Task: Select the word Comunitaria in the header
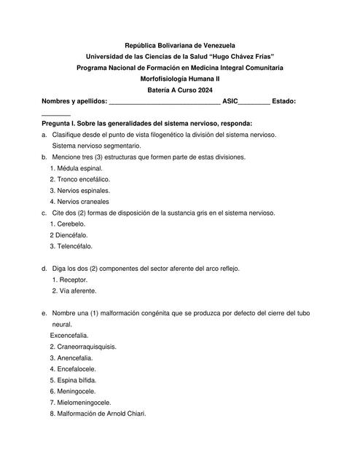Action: [x=258, y=68]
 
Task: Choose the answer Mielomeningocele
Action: [x=84, y=402]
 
